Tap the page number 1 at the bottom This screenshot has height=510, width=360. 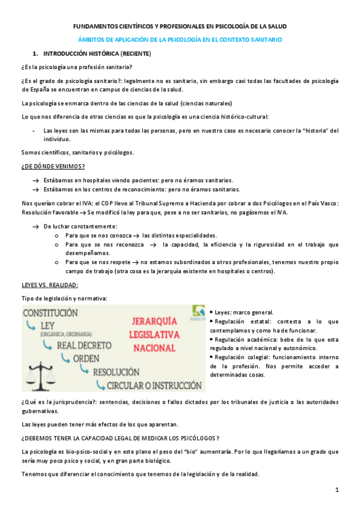pos(337,490)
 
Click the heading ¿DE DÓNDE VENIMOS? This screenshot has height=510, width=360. pos(53,166)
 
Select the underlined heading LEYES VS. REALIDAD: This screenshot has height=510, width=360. pos(49,284)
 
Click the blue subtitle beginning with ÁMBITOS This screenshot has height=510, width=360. pos(180,39)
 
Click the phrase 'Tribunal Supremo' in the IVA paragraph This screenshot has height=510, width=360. pos(180,203)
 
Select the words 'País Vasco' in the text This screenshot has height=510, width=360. pos(324,203)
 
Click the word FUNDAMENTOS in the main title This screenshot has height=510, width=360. pos(99,26)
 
